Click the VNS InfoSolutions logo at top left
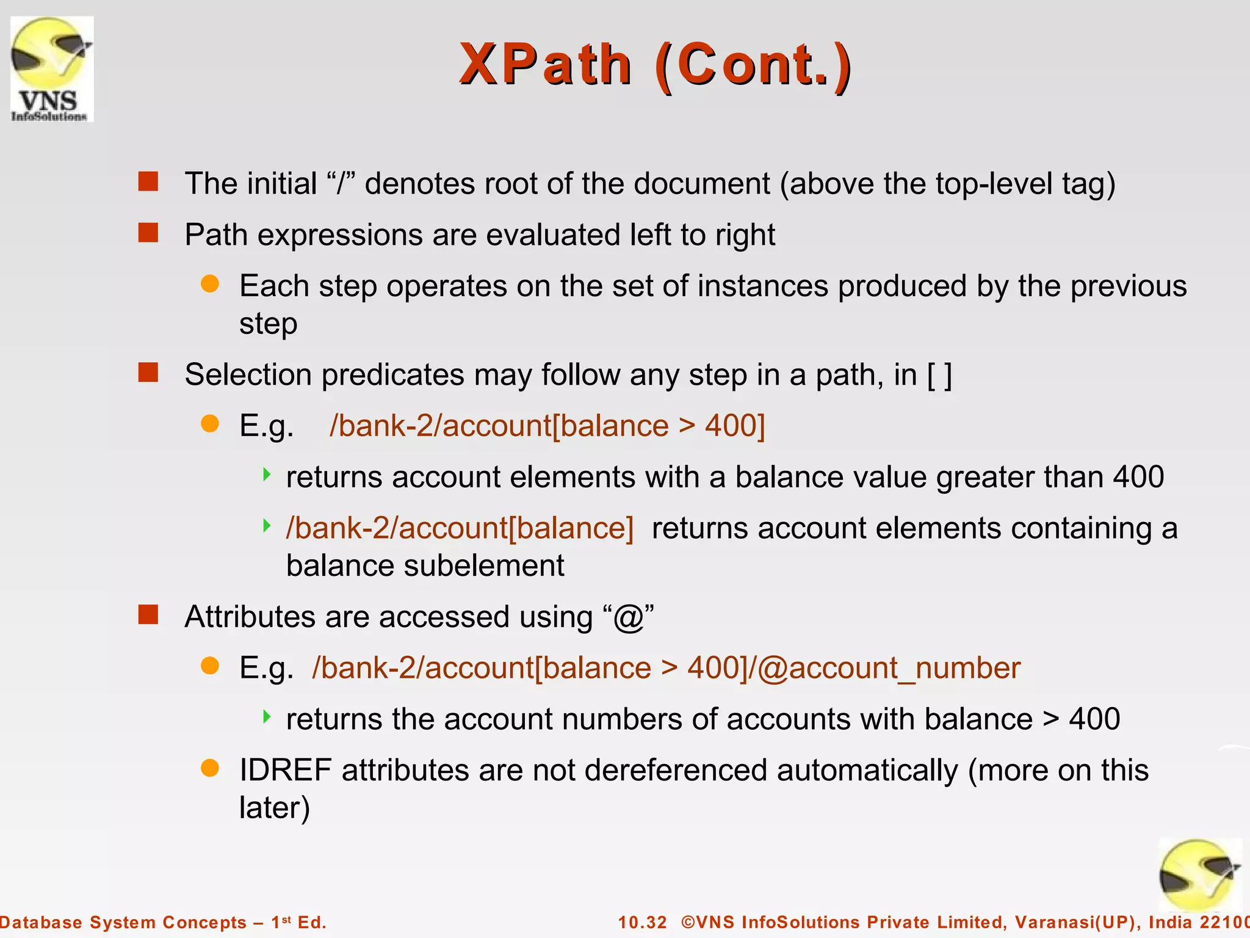[52, 68]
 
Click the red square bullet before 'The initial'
[148, 181]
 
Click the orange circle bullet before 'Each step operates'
[210, 284]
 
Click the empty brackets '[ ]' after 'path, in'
[939, 375]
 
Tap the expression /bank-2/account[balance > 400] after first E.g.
[547, 426]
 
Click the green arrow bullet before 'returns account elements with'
[267, 474]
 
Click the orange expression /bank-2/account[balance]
[460, 528]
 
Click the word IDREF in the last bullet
[285, 770]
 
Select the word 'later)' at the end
[275, 809]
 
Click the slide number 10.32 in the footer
[642, 922]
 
